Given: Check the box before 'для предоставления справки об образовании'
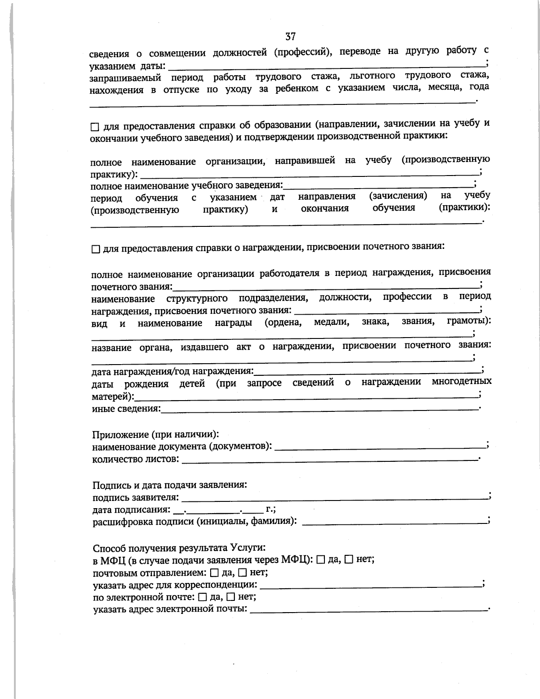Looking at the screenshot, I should pyautogui.click(x=94, y=127).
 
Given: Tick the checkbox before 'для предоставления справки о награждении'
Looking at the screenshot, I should pyautogui.click(x=95, y=249).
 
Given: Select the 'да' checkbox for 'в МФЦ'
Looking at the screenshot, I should pyautogui.click(x=320, y=560).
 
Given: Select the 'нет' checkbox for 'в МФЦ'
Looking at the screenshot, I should pyautogui.click(x=349, y=560).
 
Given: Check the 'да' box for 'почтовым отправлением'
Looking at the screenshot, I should pyautogui.click(x=214, y=573).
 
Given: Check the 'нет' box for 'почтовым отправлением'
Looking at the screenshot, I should pyautogui.click(x=242, y=573).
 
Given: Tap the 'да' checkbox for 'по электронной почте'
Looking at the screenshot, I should pyautogui.click(x=202, y=597).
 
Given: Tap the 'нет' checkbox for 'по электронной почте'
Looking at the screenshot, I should pyautogui.click(x=230, y=597).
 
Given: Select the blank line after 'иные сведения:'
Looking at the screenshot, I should pyautogui.click(x=320, y=409).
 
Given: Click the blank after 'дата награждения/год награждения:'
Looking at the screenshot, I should pyautogui.click(x=367, y=372).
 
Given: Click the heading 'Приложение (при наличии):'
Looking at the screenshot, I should pyautogui.click(x=156, y=434).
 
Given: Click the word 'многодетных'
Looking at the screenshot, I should pyautogui.click(x=461, y=382).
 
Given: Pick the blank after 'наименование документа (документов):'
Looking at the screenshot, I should pyautogui.click(x=380, y=447).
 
